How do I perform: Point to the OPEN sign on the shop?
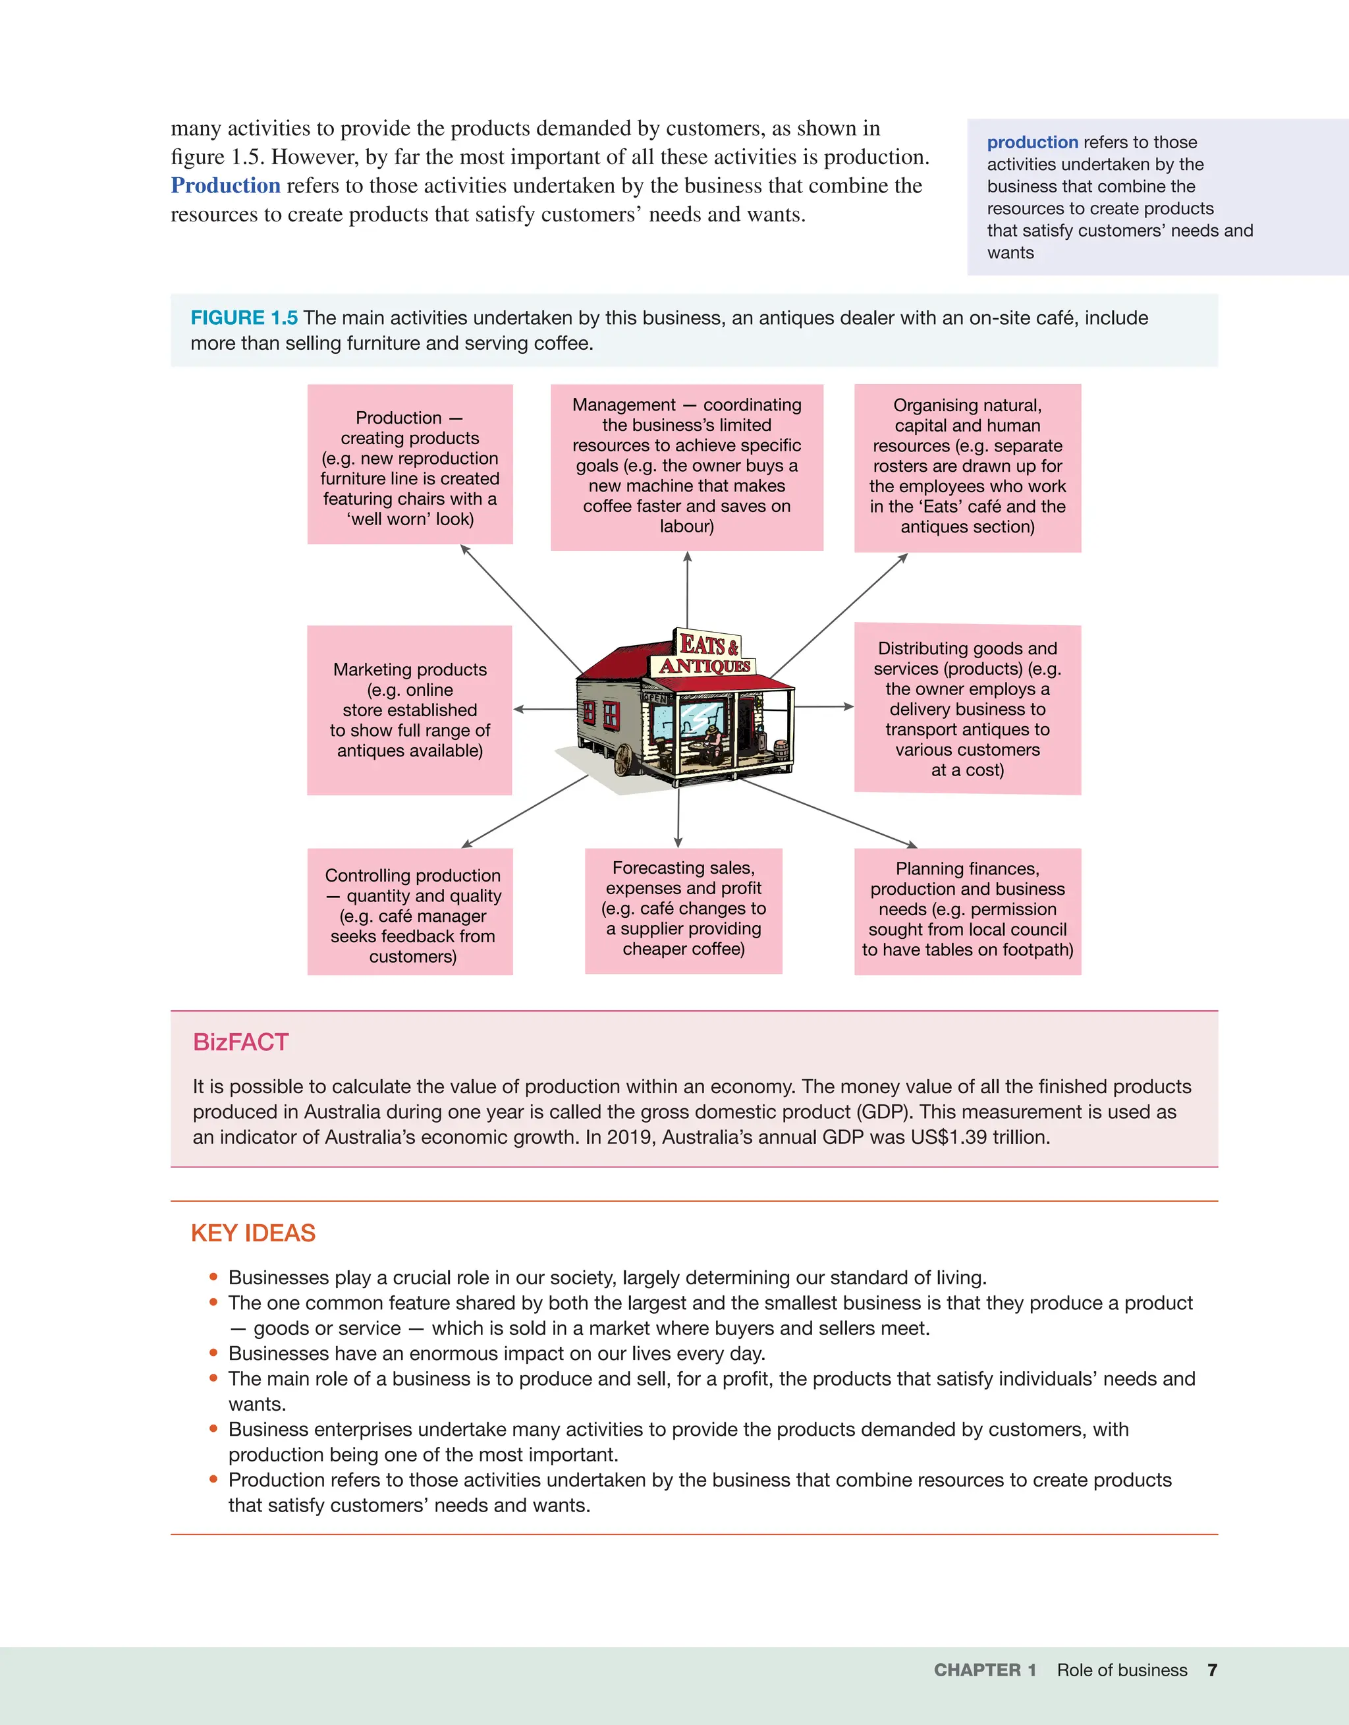[x=655, y=697]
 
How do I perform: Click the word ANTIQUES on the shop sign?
[x=705, y=666]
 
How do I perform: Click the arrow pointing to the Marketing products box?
[x=545, y=709]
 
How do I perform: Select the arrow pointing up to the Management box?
[x=687, y=588]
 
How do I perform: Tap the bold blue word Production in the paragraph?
[x=226, y=186]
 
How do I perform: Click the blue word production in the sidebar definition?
[x=1032, y=142]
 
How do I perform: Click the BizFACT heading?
[x=241, y=1042]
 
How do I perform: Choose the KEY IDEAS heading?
[x=253, y=1233]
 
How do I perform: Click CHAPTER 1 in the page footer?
[x=985, y=1670]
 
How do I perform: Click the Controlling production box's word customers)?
[x=412, y=957]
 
